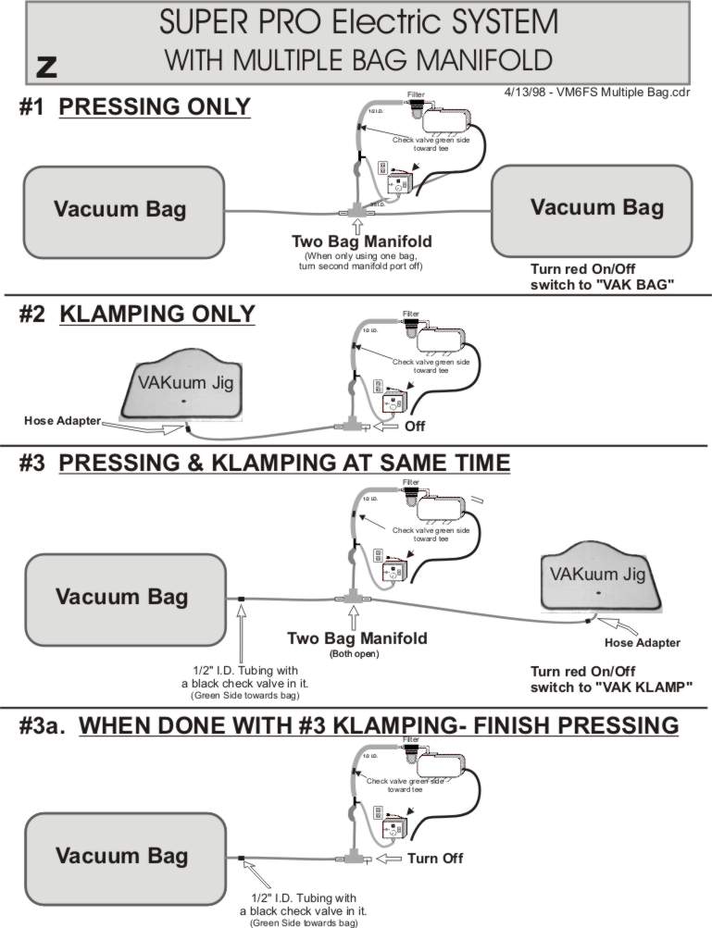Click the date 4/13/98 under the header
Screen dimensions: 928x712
[527, 93]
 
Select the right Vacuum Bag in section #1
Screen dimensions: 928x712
[596, 209]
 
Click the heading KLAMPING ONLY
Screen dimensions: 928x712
[156, 315]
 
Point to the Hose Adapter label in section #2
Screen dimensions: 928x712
[62, 420]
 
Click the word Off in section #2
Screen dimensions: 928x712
[415, 427]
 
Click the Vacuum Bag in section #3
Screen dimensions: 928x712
[121, 597]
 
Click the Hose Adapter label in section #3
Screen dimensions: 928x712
[642, 643]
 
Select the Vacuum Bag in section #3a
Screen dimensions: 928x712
[121, 857]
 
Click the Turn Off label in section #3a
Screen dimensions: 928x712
[435, 859]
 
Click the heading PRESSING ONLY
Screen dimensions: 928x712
[155, 107]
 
